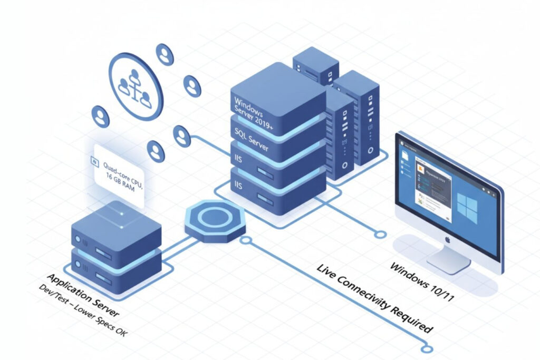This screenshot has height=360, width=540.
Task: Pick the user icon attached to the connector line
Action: (x=182, y=136)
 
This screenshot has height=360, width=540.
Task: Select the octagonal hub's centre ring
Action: (x=214, y=217)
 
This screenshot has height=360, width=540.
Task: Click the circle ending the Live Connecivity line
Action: (x=428, y=348)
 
